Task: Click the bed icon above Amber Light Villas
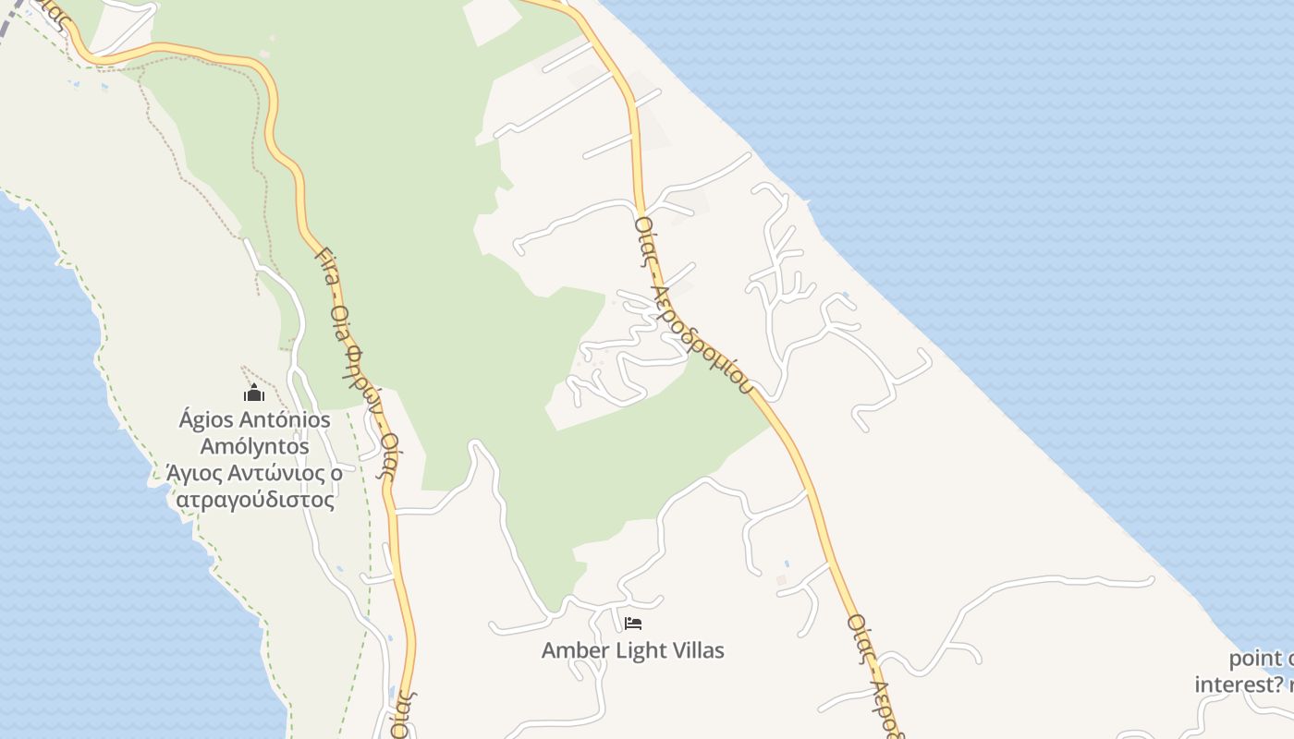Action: [x=633, y=624]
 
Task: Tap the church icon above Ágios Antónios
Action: [x=254, y=394]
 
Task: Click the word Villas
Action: [x=696, y=650]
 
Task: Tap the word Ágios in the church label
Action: [x=205, y=420]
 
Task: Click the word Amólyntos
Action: [x=255, y=447]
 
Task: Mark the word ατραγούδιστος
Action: [x=255, y=500]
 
